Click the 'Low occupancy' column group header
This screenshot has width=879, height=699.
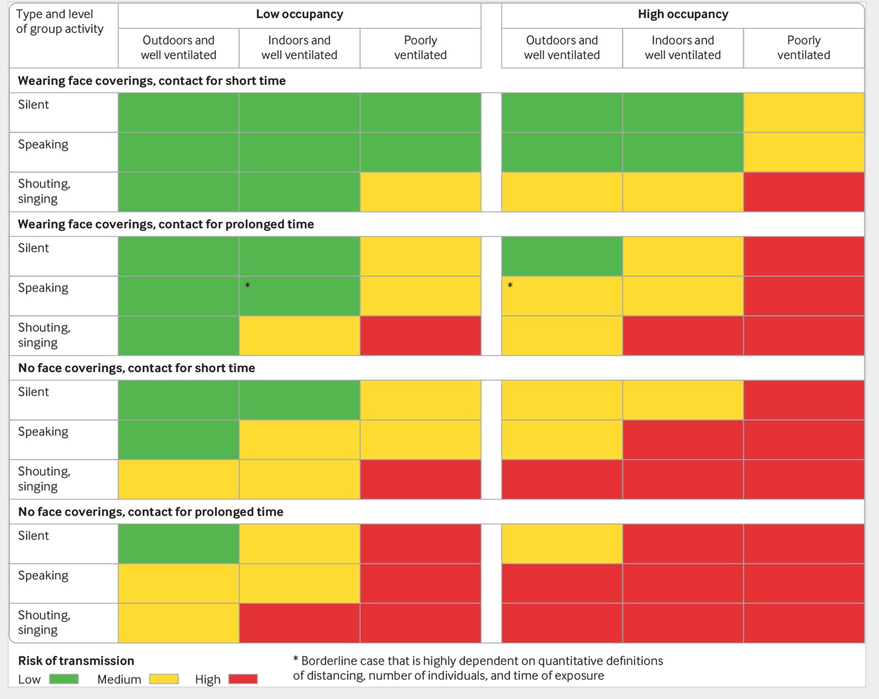[x=299, y=14]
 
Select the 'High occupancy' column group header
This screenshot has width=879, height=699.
[x=683, y=14]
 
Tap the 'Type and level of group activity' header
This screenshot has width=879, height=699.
[x=60, y=21]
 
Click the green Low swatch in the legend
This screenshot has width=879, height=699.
[x=64, y=679]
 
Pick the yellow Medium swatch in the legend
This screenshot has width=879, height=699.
[x=164, y=679]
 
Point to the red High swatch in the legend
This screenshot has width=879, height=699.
[x=243, y=679]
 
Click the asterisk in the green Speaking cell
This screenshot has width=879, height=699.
[x=248, y=286]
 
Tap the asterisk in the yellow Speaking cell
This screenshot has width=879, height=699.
[x=510, y=286]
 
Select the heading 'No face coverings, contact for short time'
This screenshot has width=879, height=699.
[x=136, y=368]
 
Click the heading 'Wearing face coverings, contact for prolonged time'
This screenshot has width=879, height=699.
[x=166, y=224]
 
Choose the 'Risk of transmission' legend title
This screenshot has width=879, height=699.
[x=76, y=661]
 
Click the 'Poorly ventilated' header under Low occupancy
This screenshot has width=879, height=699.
[x=420, y=48]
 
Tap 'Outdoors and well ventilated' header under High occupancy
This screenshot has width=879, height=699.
[x=562, y=48]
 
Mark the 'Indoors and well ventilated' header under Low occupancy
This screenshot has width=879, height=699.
[x=299, y=48]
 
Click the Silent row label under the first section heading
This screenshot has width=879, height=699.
[x=33, y=105]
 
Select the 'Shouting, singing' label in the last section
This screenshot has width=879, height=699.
[x=44, y=623]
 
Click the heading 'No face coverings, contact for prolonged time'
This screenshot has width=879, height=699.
[x=150, y=512]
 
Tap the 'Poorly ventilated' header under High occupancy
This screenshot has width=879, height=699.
[x=803, y=48]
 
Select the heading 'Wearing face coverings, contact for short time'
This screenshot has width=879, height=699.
[x=151, y=81]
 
